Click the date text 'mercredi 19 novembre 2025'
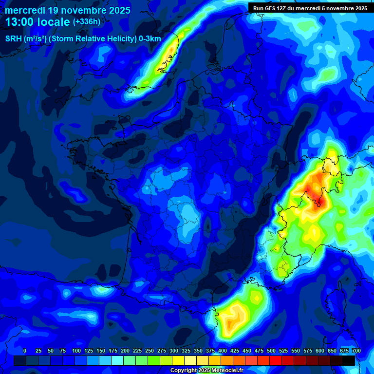[68, 10]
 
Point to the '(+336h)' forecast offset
[86, 22]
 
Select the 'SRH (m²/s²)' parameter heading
[26, 39]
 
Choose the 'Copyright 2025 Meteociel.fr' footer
[206, 370]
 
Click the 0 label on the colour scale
[24, 351]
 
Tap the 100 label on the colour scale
[76, 351]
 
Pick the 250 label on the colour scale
[150, 351]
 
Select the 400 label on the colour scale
[223, 351]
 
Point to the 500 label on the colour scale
[271, 351]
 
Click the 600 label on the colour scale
[320, 351]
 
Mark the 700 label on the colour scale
[356, 351]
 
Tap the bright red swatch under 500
[276, 361]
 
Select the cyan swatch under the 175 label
[117, 361]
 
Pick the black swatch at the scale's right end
[349, 361]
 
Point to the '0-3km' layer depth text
[150, 39]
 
